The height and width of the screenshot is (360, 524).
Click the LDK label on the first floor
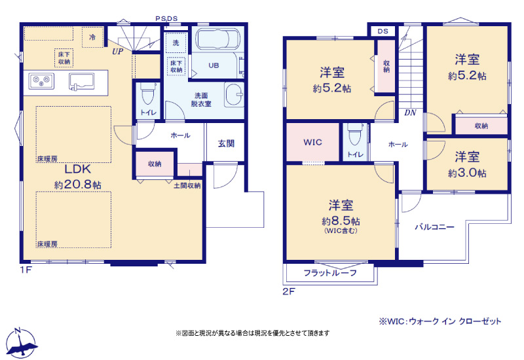(77, 169)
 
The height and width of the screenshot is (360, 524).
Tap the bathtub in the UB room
(217, 39)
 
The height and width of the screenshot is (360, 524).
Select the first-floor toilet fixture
(147, 94)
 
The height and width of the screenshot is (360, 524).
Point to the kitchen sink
(81, 82)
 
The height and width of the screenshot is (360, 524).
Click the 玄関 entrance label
(226, 143)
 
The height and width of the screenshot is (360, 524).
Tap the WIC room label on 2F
(313, 142)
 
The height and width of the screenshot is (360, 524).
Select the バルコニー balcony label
(435, 227)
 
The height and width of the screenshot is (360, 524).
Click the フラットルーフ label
(330, 273)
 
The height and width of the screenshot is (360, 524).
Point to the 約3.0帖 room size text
(467, 173)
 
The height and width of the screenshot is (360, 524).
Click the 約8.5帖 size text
(341, 221)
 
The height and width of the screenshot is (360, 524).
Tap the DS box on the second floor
(383, 31)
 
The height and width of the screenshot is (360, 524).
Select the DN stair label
(410, 113)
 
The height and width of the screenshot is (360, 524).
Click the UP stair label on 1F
(118, 52)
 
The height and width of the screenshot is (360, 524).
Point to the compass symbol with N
(21, 343)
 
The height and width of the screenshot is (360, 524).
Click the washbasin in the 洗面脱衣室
(234, 94)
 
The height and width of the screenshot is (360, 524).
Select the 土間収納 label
(187, 185)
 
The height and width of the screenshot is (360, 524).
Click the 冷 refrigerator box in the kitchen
(92, 37)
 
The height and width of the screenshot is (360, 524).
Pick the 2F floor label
(289, 291)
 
